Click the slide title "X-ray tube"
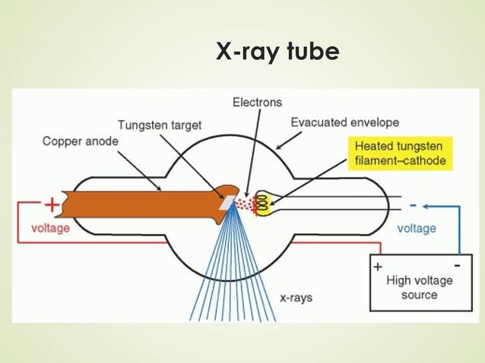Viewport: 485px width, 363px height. click(277, 52)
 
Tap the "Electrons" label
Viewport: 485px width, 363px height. click(257, 103)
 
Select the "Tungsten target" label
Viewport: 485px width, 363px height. click(160, 125)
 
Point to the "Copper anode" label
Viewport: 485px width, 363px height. click(78, 140)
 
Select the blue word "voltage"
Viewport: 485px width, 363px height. click(417, 228)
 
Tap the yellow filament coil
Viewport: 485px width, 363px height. click(263, 203)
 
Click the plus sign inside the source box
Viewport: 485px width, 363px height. click(377, 267)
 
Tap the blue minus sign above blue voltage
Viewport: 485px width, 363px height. click(414, 205)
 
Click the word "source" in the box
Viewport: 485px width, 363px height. click(419, 295)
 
